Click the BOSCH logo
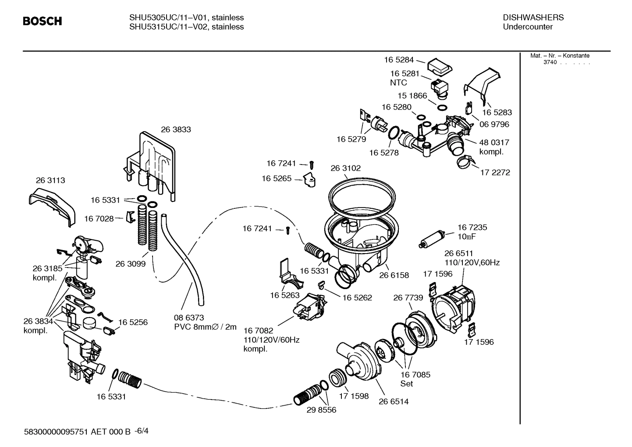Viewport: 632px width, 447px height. pos(42,21)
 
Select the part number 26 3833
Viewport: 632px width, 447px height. pos(176,129)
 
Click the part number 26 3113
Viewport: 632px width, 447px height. pos(50,180)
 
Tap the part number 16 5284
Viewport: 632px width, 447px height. pos(399,60)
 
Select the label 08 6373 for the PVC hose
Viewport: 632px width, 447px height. pos(189,317)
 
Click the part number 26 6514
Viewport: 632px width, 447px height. pos(394,401)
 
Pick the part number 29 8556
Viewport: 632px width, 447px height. pos(321,410)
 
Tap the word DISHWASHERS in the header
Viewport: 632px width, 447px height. pos(533,18)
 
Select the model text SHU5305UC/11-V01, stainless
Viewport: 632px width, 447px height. pos(186,18)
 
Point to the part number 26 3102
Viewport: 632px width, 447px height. pos(345,168)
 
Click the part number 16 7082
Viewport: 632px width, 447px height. pos(258,330)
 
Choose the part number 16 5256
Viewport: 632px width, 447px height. pos(132,322)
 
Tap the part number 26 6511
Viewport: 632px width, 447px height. pos(458,253)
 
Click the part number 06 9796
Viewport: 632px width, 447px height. pos(494,124)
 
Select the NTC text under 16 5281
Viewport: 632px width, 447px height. pos(398,82)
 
